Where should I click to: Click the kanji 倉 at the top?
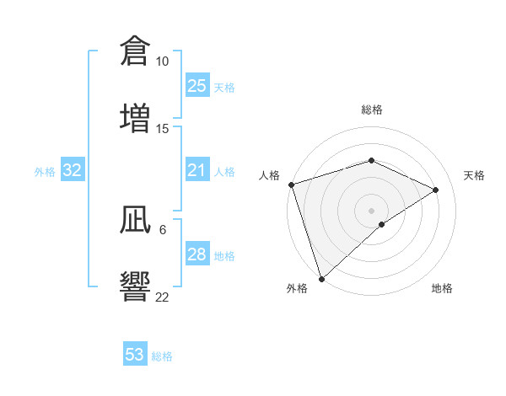point(135,51)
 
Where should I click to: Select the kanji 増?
point(135,117)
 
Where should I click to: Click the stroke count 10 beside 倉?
point(162,62)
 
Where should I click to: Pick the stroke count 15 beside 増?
point(162,128)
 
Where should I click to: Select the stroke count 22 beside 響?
point(162,297)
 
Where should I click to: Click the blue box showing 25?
point(196,86)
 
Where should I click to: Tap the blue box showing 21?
point(196,171)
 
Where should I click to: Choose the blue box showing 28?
point(196,254)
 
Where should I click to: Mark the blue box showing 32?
point(73,171)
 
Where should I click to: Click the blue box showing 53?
point(135,355)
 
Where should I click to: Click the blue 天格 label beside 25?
point(224,87)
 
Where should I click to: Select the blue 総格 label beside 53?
point(162,356)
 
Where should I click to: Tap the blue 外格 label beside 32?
point(45,172)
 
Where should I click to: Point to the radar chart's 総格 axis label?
point(372,110)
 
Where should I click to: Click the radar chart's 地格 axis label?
point(442,288)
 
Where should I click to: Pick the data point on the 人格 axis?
point(291,185)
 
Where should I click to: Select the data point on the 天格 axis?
point(436,190)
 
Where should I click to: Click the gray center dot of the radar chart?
point(372,211)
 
